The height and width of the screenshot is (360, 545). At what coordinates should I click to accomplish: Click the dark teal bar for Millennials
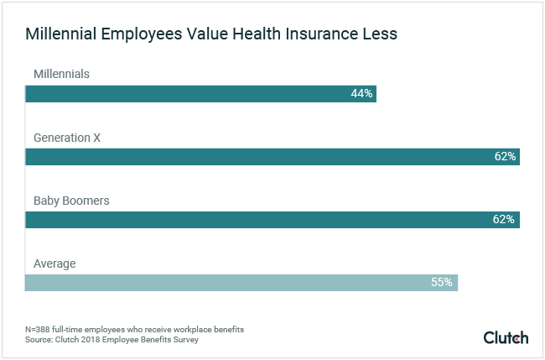click(x=200, y=93)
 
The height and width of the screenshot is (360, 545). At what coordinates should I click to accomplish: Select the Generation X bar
click(x=272, y=156)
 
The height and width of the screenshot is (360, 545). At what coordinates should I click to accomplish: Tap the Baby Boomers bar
click(x=272, y=220)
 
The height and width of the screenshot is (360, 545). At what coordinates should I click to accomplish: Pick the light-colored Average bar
click(x=241, y=283)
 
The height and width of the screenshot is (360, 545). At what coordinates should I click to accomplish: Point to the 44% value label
click(x=361, y=93)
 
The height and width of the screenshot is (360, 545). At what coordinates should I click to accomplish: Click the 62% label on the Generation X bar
click(x=505, y=156)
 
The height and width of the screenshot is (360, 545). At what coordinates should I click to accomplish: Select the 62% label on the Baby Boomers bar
click(x=505, y=220)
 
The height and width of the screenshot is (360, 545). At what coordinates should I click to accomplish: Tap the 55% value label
click(x=442, y=283)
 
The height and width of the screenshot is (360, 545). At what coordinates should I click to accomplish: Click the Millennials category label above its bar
click(x=61, y=74)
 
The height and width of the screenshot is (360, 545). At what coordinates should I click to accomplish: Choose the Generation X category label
click(x=67, y=137)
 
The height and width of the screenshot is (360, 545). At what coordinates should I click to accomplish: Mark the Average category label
click(x=54, y=263)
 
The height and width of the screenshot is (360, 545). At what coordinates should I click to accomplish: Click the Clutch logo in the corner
click(x=506, y=337)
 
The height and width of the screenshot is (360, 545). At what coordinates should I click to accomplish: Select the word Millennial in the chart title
click(x=64, y=35)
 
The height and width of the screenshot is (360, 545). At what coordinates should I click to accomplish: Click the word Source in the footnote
click(x=38, y=339)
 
